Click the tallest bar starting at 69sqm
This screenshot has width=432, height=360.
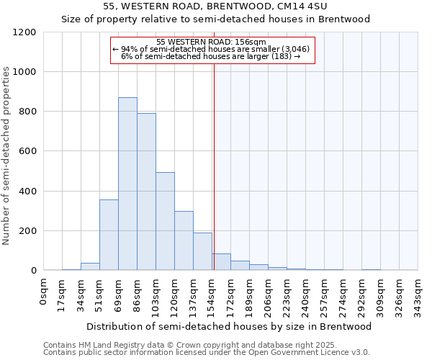pos(127,184)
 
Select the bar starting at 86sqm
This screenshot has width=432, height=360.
pos(146,192)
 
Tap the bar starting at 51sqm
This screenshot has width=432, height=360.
pos(109,235)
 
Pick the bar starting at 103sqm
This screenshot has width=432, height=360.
pos(165,222)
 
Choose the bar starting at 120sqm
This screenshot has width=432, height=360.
pos(184,241)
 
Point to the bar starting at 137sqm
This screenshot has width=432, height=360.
pos(202,252)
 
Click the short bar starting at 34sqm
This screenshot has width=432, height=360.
pos(90,267)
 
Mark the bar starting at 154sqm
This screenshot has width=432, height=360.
pos(221,263)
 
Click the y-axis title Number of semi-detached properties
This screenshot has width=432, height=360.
pos(6,151)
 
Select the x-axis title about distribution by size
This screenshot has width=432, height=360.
pos(230,326)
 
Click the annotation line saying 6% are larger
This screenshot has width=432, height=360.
pos(210,55)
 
